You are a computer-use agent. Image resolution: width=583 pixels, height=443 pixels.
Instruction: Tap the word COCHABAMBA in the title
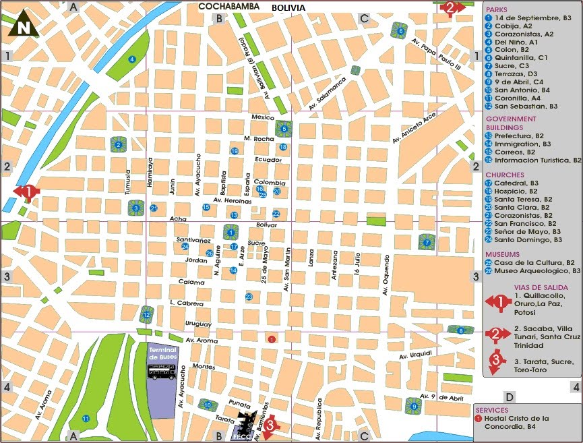coord(228,7)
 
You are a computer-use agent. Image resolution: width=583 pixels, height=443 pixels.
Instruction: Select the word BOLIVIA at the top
coord(288,8)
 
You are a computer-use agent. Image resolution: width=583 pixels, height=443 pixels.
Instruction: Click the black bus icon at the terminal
coord(162,371)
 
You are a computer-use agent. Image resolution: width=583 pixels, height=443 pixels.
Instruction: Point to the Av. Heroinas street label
coord(232,200)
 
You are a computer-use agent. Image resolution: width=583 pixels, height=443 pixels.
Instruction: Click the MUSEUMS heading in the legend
coord(502,254)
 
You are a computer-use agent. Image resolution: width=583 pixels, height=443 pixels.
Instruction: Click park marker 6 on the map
coord(400,31)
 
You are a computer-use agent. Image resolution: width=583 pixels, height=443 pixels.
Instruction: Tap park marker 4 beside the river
coord(132,59)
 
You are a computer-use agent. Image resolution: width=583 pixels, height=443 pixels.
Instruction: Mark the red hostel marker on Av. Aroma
coord(272,339)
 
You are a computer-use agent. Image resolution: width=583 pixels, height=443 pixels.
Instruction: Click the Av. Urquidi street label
coord(414,355)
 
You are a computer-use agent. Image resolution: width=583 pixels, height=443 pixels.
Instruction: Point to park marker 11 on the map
coord(86,419)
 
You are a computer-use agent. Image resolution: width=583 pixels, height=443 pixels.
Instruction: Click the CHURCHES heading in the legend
coord(503,175)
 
